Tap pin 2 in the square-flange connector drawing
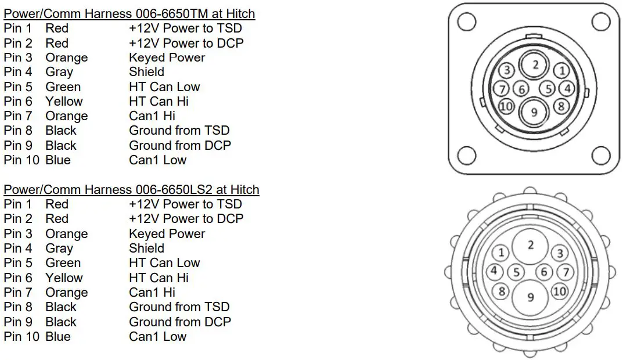(x=535, y=65)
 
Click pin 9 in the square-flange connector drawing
(x=534, y=112)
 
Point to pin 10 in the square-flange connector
(x=506, y=107)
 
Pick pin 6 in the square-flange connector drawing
(x=522, y=89)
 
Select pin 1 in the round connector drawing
(x=500, y=253)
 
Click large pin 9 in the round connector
(x=530, y=297)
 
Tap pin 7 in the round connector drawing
(x=565, y=272)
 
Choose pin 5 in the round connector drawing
(x=516, y=272)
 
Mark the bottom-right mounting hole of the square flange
(x=601, y=155)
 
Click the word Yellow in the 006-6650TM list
(x=64, y=102)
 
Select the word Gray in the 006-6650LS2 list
(x=59, y=249)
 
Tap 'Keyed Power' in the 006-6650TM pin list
(x=167, y=57)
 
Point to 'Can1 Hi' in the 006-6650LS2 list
(x=152, y=293)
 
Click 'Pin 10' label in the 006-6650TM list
(x=21, y=160)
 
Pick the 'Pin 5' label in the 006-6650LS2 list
(x=18, y=263)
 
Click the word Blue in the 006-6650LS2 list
(x=58, y=336)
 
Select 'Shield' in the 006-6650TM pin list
(x=146, y=72)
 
